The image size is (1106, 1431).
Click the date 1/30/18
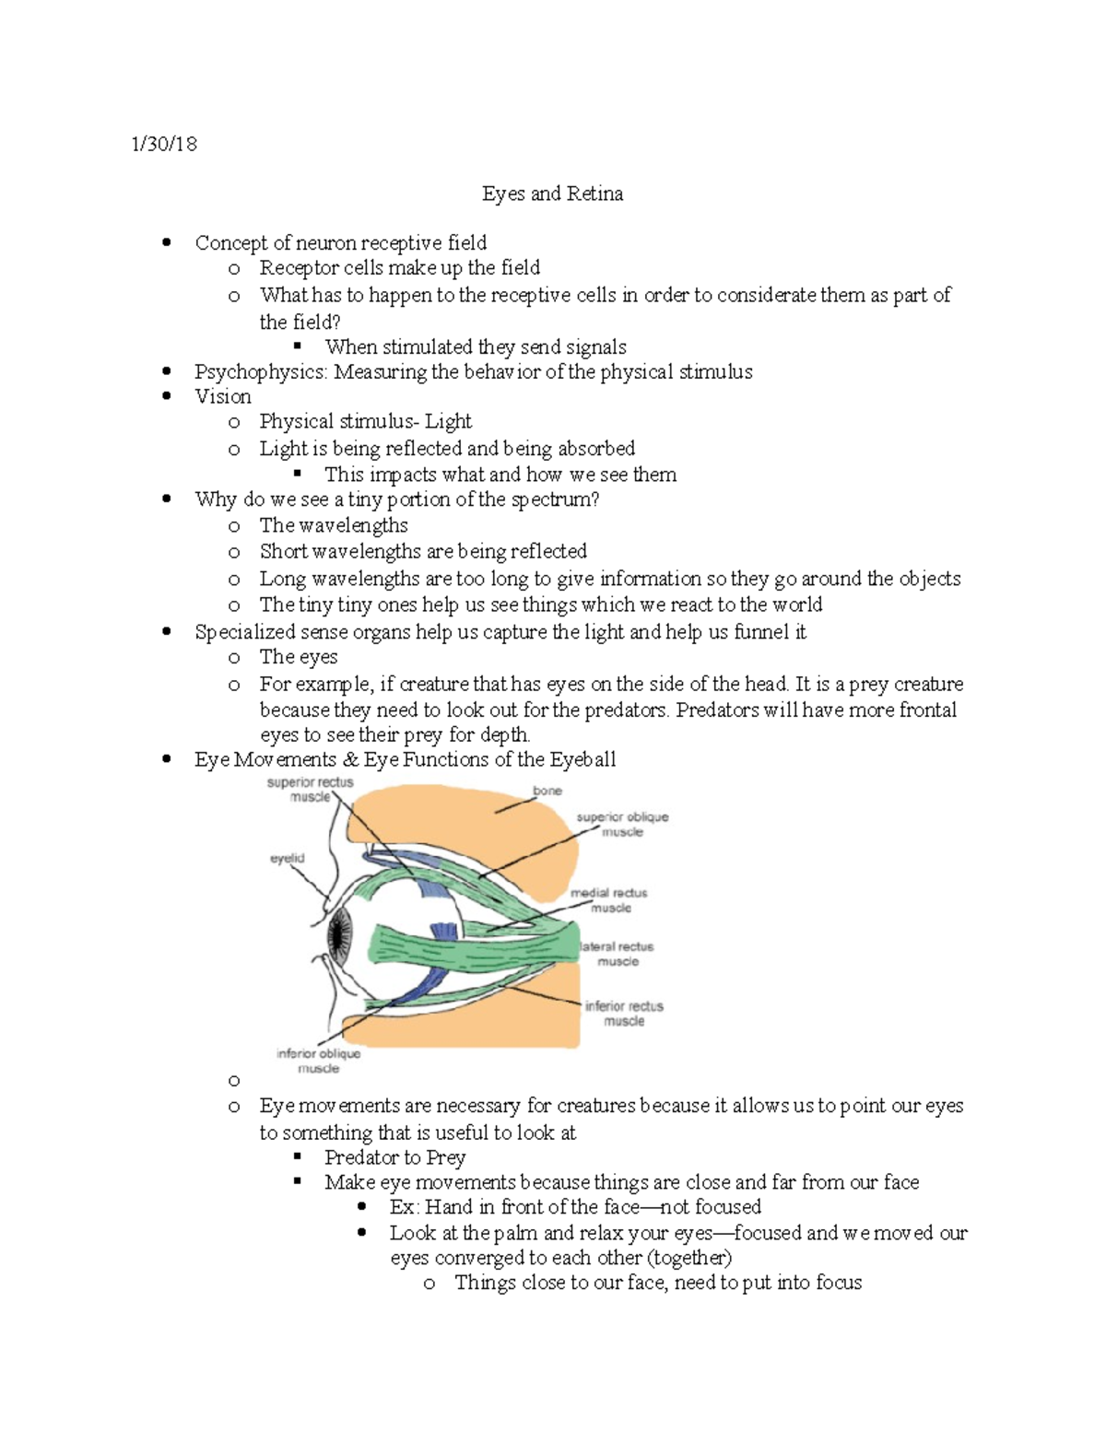(164, 144)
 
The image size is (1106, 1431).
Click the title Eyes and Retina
(552, 194)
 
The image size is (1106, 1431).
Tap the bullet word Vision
(223, 396)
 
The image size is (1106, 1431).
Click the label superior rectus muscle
(310, 790)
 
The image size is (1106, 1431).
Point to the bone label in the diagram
(547, 791)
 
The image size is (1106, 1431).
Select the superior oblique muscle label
(622, 824)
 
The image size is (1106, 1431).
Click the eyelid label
(287, 858)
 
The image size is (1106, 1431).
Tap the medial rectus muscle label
(609, 900)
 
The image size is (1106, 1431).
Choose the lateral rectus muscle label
(617, 954)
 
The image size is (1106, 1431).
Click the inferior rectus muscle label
(624, 1013)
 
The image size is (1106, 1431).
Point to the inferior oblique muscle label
(319, 1061)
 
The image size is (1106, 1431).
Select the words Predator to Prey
(394, 1157)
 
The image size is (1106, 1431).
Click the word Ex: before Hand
(403, 1207)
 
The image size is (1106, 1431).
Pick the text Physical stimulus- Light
(365, 422)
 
